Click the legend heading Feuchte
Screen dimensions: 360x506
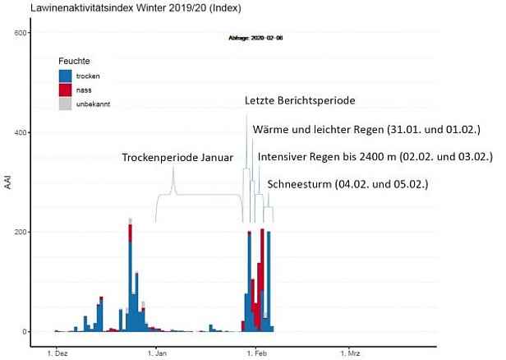pos(74,61)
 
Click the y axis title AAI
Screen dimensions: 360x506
pos(8,182)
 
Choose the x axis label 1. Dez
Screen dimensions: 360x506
pos(56,353)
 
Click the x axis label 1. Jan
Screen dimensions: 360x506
pos(156,353)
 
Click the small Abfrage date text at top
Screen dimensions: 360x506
pos(255,38)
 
